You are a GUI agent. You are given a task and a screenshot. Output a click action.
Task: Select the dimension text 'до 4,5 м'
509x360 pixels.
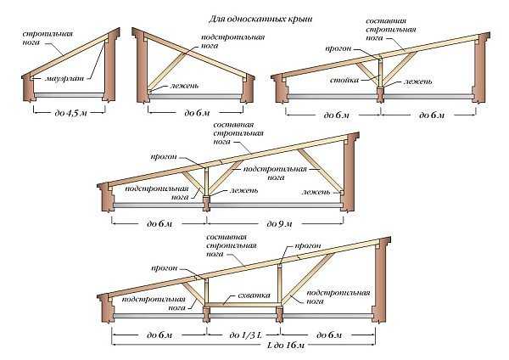coord(64,111)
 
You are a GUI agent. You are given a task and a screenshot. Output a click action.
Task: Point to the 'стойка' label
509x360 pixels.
coord(343,82)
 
